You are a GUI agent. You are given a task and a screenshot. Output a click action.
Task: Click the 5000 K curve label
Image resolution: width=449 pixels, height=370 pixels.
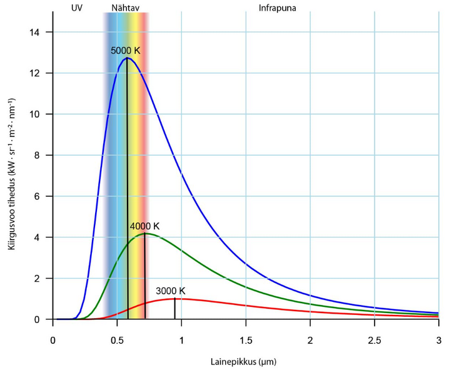point(125,51)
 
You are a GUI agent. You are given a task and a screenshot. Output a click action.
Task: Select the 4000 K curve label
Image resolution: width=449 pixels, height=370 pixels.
point(145,226)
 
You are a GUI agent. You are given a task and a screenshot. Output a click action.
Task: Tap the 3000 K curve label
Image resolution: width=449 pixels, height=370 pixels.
point(171,291)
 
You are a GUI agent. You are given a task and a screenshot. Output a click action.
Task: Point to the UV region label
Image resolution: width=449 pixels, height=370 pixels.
point(77,10)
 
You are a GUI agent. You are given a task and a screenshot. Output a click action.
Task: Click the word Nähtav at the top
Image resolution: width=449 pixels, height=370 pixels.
point(125,10)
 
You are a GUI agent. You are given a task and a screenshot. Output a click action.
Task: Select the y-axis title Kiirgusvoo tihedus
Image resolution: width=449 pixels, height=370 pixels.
point(12,175)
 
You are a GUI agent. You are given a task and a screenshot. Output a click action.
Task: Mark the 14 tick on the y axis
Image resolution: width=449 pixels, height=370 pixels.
point(39,32)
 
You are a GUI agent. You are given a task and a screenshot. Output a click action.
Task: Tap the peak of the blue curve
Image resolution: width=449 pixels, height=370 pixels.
point(128,58)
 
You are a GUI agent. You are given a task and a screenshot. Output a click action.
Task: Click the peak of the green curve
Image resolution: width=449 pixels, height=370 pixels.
point(144,234)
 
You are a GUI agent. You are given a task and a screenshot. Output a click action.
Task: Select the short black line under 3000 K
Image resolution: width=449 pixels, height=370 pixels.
point(174,309)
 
